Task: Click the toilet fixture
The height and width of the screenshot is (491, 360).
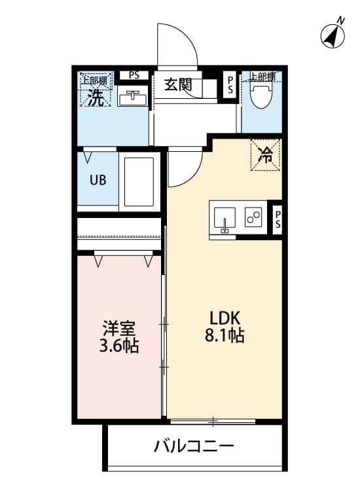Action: pos(262,96)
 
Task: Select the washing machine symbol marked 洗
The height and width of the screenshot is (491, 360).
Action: pos(96,98)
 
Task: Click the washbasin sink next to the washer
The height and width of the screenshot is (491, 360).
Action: pos(134,96)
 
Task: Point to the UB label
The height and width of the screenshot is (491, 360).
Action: pos(98,180)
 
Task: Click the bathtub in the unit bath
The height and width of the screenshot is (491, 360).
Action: pos(138,182)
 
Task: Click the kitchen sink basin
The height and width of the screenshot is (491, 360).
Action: pos(225,217)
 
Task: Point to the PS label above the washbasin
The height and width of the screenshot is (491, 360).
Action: pos(134,75)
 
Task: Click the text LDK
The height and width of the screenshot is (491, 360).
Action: pos(225,319)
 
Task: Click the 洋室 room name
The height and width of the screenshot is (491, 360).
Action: pos(118,328)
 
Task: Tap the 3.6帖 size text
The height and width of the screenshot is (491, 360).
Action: pos(118,346)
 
